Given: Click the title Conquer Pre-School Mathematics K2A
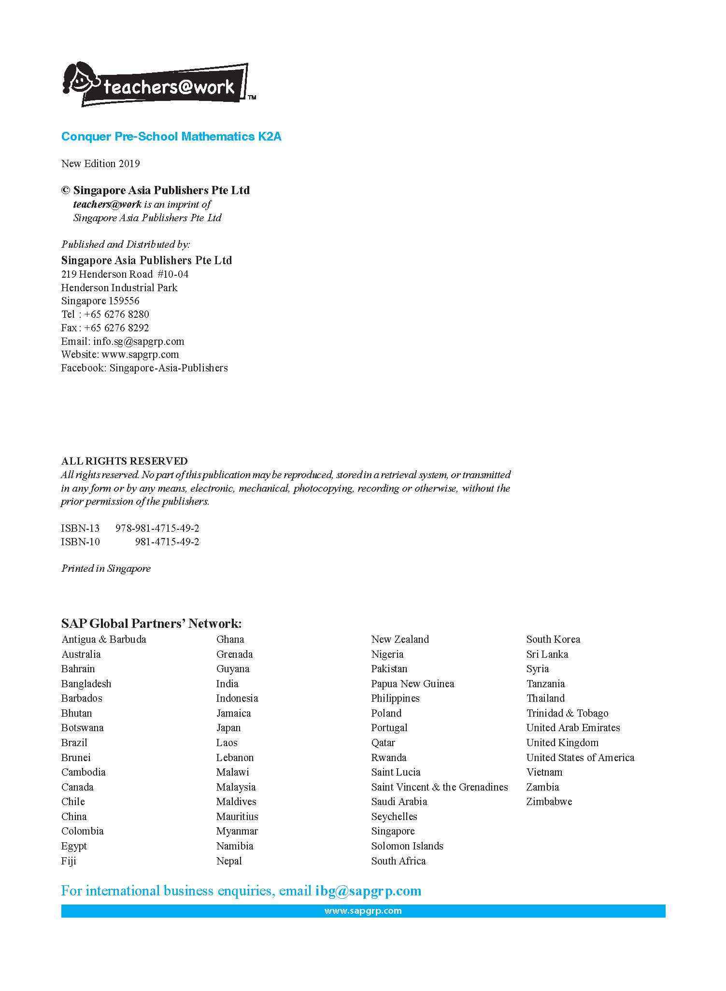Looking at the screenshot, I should click(x=171, y=137).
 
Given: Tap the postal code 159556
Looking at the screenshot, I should click(x=124, y=301).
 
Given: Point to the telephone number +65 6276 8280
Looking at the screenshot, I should click(x=116, y=314).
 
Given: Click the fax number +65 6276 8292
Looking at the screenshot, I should click(x=116, y=328).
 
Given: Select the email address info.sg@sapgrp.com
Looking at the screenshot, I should click(x=139, y=341).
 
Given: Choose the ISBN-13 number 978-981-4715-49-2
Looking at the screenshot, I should click(x=157, y=528).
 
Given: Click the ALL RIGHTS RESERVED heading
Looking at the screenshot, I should click(x=124, y=461).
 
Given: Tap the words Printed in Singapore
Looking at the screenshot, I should click(x=106, y=568).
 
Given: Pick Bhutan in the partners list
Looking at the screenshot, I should click(x=76, y=713).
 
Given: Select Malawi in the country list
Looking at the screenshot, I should click(x=232, y=772).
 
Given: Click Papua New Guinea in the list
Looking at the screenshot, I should click(x=413, y=684).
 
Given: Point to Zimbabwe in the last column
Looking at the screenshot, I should click(x=549, y=802).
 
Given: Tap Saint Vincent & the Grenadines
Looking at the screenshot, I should click(x=439, y=787).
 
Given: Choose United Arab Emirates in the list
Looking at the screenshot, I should click(x=573, y=728).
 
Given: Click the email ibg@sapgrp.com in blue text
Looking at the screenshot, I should click(x=368, y=891).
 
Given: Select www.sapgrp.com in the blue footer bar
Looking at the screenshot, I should click(x=363, y=911).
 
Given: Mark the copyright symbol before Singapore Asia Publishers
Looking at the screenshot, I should click(x=66, y=190).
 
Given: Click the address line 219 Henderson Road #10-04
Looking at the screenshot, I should click(x=125, y=274).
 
